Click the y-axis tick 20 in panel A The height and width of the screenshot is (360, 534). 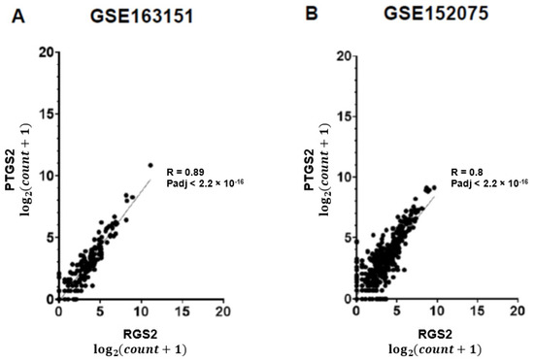pyautogui.click(x=46, y=52)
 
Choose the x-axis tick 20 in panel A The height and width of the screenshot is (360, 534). pyautogui.click(x=222, y=313)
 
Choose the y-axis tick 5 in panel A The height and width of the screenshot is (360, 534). pyautogui.click(x=49, y=238)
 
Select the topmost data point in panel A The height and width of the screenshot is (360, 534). pyautogui.click(x=150, y=165)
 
